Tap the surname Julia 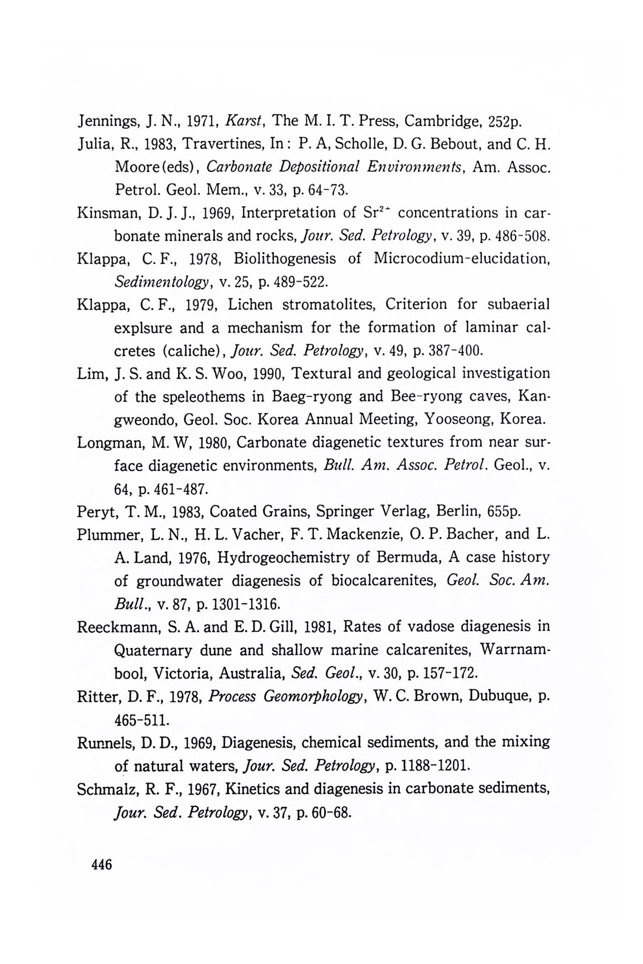click(93, 145)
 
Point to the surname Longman click(109, 443)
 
